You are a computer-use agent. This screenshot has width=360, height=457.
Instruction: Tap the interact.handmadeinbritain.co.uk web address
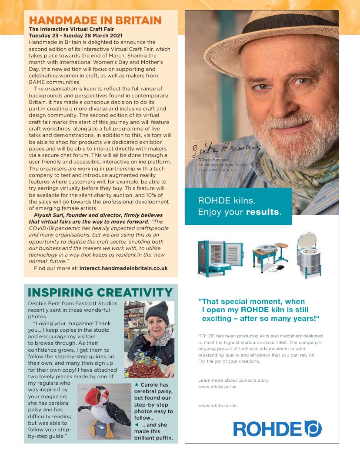pyautogui.click(x=123, y=268)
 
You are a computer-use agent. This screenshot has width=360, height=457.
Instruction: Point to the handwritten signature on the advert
pyautogui.click(x=227, y=149)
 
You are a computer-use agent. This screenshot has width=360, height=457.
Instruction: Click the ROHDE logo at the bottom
pyautogui.click(x=277, y=428)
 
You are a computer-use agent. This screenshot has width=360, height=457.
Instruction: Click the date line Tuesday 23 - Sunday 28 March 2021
pyautogui.click(x=76, y=36)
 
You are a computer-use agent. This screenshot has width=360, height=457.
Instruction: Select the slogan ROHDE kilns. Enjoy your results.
pyautogui.click(x=240, y=207)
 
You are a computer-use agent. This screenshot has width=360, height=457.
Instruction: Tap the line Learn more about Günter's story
pyautogui.click(x=233, y=380)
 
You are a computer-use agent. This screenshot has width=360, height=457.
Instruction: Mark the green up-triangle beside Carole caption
pyautogui.click(x=137, y=384)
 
